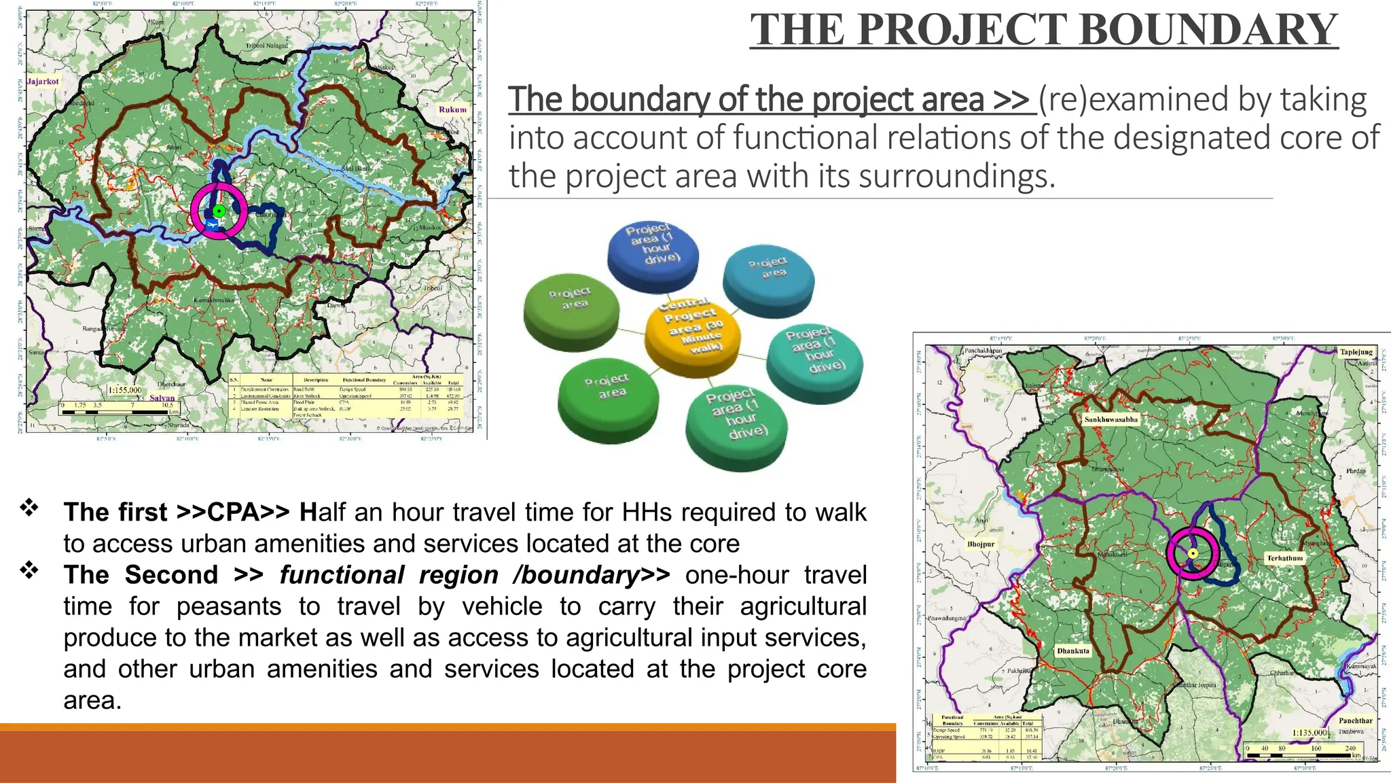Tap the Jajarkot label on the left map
(x=43, y=82)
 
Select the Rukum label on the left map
(x=452, y=109)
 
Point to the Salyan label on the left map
(x=162, y=398)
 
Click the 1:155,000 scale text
(x=126, y=390)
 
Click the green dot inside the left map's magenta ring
(x=219, y=211)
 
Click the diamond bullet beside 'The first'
(x=29, y=508)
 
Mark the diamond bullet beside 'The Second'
(x=29, y=570)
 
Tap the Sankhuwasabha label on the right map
(x=1110, y=419)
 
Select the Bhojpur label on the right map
(x=981, y=544)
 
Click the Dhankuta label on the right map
(x=1073, y=650)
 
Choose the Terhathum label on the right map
(x=1284, y=558)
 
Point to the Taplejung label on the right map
(x=1356, y=352)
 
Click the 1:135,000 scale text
(x=1309, y=733)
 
